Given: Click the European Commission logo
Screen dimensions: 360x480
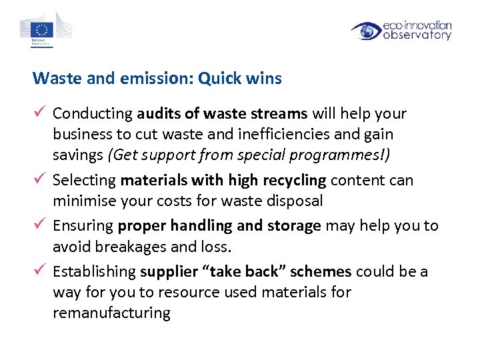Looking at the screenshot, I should pyautogui.click(x=45, y=29).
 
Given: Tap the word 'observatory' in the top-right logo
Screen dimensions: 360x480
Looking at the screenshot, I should pyautogui.click(x=417, y=36).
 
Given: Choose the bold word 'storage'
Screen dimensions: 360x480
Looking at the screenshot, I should pyautogui.click(x=294, y=226).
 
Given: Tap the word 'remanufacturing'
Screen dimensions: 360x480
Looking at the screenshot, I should pyautogui.click(x=111, y=313).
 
